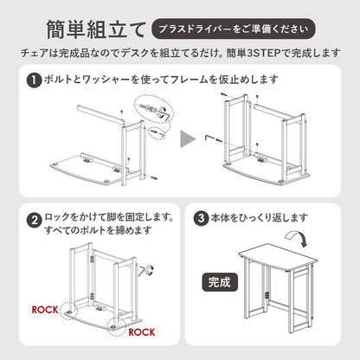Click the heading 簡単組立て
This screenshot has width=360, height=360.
tap(96, 29)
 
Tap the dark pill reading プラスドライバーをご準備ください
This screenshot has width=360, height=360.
tap(234, 29)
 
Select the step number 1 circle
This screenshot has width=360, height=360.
tap(35, 80)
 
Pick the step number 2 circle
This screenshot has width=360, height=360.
tap(35, 221)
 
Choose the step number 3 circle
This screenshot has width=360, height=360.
tap(201, 218)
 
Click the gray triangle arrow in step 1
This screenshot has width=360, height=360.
tap(187, 138)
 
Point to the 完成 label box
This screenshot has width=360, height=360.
tap(220, 282)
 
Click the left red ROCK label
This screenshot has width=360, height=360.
tap(45, 310)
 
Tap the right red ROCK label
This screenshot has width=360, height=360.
tap(142, 332)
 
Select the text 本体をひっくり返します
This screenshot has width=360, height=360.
tap(259, 218)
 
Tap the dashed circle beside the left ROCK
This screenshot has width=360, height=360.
tap(69, 310)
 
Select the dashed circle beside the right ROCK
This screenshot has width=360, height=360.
tap(116, 327)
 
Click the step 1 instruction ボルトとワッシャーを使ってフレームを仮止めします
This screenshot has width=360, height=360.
tap(161, 80)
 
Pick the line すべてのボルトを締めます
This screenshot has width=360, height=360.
tap(98, 230)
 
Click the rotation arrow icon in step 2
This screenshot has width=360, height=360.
tap(146, 270)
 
